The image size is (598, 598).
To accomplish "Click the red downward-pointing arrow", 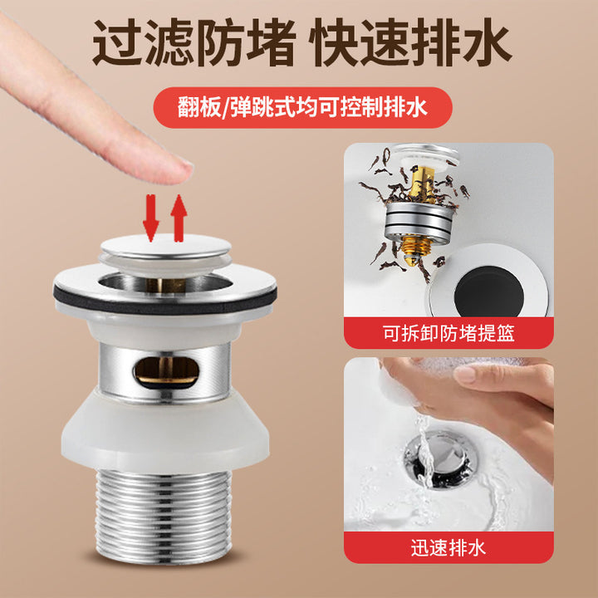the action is (x=150, y=218).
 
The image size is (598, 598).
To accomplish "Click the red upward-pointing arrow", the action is (x=179, y=218).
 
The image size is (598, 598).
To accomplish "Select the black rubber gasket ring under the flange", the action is (x=165, y=299).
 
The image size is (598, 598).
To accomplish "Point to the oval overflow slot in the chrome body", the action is (x=166, y=372).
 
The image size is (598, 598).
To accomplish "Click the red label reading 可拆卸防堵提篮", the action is (x=448, y=333).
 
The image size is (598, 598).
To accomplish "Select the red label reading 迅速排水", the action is (x=448, y=547).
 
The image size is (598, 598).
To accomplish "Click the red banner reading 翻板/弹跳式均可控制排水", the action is (x=303, y=107).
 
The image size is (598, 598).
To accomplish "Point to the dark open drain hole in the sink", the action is (x=489, y=292).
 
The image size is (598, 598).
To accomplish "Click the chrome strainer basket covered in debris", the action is (x=419, y=223).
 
